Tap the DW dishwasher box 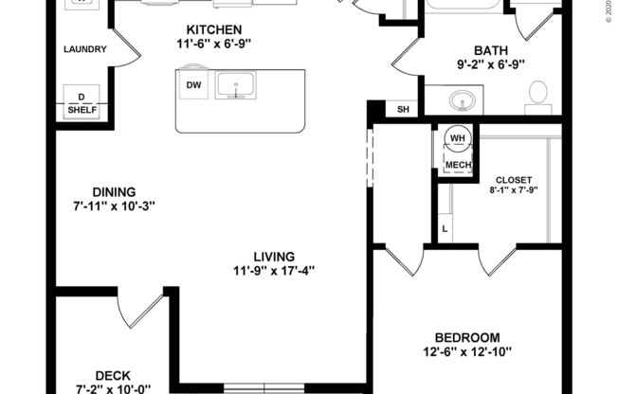click(194, 86)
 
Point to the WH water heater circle click(458, 139)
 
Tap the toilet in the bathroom click(537, 93)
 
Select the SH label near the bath click(403, 109)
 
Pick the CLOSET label click(514, 180)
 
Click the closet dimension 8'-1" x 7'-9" click(514, 190)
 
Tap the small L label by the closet click(445, 229)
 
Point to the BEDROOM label click(466, 338)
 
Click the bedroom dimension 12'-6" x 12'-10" click(466, 352)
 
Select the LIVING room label click(273, 256)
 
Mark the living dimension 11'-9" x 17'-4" click(273, 270)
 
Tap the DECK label click(113, 375)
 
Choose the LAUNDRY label click(84, 50)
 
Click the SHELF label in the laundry click(82, 110)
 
